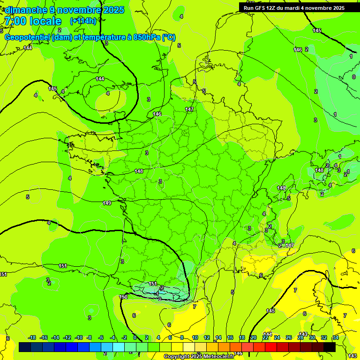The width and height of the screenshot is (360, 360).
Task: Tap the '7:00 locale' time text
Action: (32, 21)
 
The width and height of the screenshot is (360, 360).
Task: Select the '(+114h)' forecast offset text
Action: (83, 21)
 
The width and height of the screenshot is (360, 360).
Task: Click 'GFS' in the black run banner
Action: (262, 7)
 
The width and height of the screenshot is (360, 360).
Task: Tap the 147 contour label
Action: (189, 109)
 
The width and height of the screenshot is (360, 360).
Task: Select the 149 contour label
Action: (107, 203)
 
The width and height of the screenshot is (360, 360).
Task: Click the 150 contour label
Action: (123, 297)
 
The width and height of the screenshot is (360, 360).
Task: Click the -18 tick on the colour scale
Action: (32, 337)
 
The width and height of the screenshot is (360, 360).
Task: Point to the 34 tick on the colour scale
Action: (336, 337)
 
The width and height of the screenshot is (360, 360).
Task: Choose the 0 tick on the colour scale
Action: (135, 337)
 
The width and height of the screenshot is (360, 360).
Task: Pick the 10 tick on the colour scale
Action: (195, 337)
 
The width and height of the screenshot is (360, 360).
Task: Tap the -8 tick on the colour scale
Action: (89, 337)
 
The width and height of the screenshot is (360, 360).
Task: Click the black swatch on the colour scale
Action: (330, 347)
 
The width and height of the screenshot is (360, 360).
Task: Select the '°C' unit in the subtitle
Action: (169, 37)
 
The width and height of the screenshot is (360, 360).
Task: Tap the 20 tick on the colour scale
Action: (253, 337)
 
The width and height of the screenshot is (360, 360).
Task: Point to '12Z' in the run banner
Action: (273, 7)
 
